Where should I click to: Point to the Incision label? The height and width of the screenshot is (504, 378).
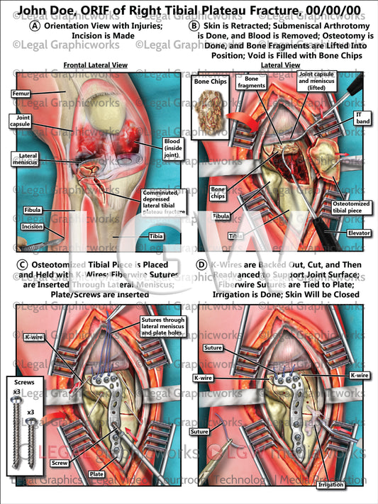tap(14, 227)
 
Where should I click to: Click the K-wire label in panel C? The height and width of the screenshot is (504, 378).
tap(34, 337)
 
